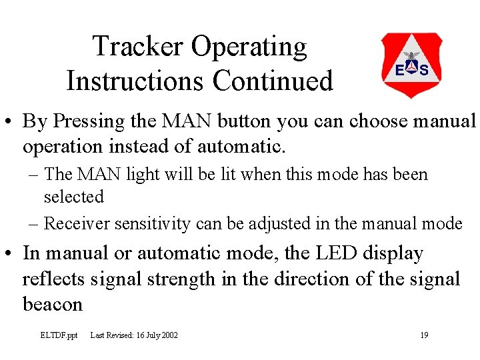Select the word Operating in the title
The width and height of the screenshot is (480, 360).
click(249, 47)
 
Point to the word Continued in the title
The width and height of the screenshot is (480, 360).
click(273, 81)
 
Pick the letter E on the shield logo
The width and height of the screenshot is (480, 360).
click(399, 70)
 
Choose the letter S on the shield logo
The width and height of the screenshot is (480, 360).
click(424, 70)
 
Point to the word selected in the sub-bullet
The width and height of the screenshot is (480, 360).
click(74, 197)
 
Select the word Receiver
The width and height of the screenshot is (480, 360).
click(77, 224)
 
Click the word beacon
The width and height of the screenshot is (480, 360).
click(53, 305)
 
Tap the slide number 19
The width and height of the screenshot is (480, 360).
click(424, 335)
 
